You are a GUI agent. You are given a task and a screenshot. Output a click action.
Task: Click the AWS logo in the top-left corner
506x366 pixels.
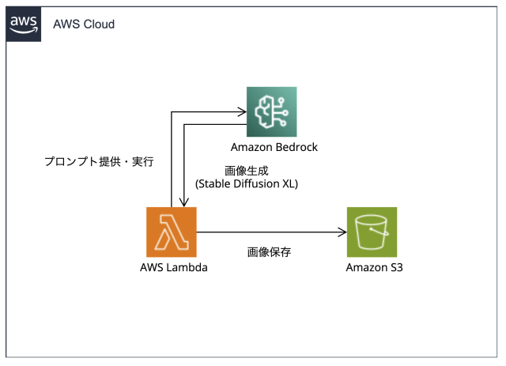point(23,24)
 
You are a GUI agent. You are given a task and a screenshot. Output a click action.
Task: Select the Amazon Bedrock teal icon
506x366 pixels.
point(271,111)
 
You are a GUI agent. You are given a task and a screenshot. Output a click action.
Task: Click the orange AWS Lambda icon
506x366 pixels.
point(172,232)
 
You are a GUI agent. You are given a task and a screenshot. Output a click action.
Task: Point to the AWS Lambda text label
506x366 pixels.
point(173,268)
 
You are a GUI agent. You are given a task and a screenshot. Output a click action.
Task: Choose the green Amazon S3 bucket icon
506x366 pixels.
point(372,232)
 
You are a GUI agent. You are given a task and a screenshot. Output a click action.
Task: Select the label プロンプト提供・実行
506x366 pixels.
point(98,162)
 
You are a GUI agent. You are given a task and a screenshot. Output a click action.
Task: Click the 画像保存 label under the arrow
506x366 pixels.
point(269,252)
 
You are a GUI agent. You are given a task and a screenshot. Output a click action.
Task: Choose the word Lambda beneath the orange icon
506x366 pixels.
point(187,268)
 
